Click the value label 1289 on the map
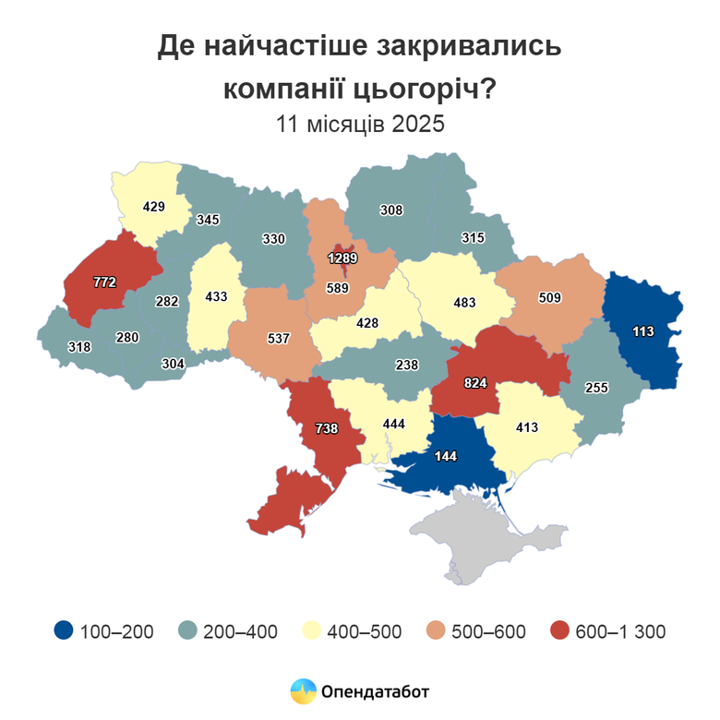pos(343,258)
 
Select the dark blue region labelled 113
pos(643,330)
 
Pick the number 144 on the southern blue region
pos(445,457)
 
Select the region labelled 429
pos(153,206)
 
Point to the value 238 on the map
pos(406,364)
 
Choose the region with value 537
pos(277,339)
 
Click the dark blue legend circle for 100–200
pos(64,631)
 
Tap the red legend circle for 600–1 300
pos(559,631)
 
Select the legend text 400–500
pos(366,631)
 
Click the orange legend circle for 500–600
pos(434,631)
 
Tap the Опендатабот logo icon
pos(303,690)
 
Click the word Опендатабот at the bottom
pos(375,690)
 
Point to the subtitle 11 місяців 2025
pos(360,124)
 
